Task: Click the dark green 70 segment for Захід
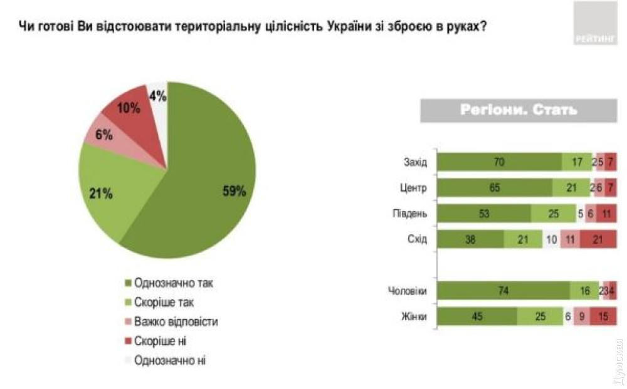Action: coord(499,162)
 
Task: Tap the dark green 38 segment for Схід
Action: coord(470,239)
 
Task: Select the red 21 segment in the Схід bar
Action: coord(598,239)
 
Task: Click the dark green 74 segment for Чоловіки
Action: coord(503,291)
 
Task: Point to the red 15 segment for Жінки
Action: coord(603,316)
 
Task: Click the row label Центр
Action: coord(413,188)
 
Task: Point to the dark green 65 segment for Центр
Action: coord(495,188)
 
